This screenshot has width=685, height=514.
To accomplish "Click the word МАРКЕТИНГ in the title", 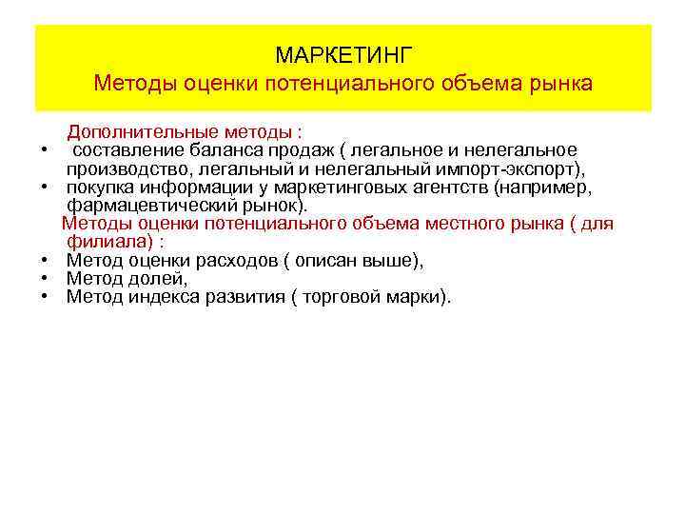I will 343,53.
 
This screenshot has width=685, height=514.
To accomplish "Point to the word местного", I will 467,224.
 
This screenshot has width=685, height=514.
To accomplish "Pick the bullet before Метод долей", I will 45,279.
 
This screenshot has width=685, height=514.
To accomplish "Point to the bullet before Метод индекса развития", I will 45,297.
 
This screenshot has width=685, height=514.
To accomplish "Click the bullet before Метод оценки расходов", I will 45,261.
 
